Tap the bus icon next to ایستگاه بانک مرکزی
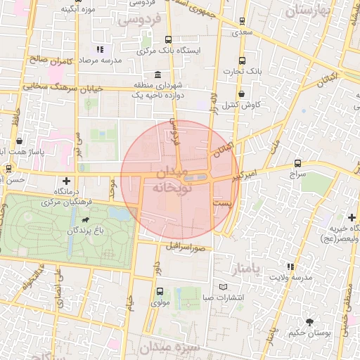point(167,39)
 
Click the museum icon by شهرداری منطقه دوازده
point(156,75)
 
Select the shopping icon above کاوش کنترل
point(242,93)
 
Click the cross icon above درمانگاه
point(67,181)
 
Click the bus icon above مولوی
point(160,291)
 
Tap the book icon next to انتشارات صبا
point(224,287)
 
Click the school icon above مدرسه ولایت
point(290,266)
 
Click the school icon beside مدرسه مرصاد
point(99,49)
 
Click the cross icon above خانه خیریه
point(352,217)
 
